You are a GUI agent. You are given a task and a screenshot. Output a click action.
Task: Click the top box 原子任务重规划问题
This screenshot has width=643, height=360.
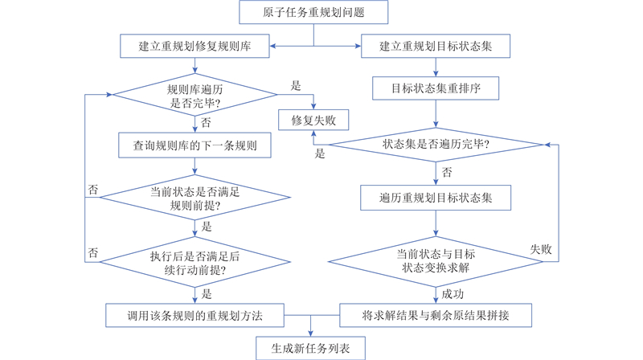313,12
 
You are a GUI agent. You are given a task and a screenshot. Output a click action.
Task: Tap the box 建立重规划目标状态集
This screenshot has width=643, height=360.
435,47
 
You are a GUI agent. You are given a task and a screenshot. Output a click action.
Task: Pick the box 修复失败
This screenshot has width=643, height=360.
313,121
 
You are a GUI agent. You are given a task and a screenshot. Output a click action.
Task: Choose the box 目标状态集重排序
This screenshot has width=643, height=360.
435,86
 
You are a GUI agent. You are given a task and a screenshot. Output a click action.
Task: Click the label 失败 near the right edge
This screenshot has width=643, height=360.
541,250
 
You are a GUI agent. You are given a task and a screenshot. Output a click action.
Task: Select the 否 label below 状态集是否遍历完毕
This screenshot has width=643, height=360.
447,172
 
